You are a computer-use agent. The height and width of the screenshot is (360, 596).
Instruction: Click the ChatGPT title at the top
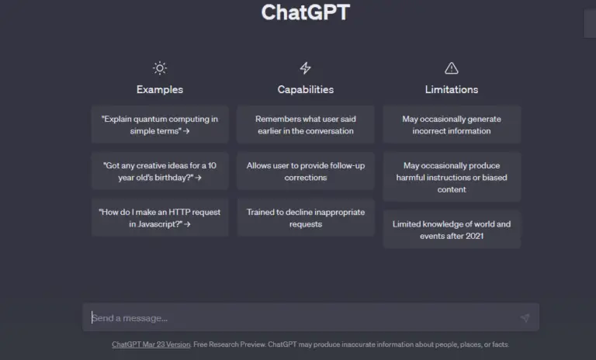coord(305,12)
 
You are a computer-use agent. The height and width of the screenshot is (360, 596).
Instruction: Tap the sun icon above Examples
coord(160,68)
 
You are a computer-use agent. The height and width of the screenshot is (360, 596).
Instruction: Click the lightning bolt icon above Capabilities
coord(305,68)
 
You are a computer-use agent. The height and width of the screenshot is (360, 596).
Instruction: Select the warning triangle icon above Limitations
coord(451,68)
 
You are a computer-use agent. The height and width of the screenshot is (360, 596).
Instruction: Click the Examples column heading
coord(160,89)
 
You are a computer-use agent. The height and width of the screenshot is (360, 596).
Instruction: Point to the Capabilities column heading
coord(306,89)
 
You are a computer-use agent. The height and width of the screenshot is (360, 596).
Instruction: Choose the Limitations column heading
coord(452,89)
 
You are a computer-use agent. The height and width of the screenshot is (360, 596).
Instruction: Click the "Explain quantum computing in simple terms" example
coord(160,125)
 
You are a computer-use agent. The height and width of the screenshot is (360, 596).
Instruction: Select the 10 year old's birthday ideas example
coord(160,171)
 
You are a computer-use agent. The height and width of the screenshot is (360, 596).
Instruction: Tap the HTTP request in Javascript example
coord(160,218)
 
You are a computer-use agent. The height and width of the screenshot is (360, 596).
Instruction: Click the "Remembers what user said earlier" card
coord(306,125)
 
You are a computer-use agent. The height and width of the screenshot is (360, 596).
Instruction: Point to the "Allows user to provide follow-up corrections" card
coord(306,171)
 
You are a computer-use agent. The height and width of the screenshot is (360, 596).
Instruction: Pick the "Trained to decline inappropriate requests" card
coord(306,218)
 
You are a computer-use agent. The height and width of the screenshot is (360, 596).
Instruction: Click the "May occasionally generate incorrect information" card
coord(452,125)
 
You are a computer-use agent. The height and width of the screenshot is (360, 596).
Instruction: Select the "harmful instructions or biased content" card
coord(452,177)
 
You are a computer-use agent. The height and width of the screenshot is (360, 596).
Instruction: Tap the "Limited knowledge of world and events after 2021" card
coord(452,230)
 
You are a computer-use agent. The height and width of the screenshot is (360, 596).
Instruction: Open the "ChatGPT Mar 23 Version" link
coord(151,344)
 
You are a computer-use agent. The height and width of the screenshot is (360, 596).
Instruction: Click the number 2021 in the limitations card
coord(474,236)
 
